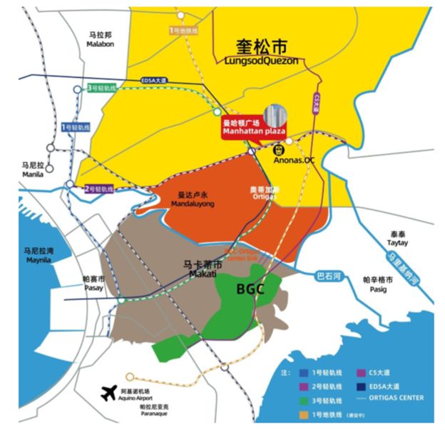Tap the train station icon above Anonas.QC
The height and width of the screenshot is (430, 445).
click(278, 151)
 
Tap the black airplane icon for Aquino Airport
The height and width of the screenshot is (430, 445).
click(109, 393)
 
